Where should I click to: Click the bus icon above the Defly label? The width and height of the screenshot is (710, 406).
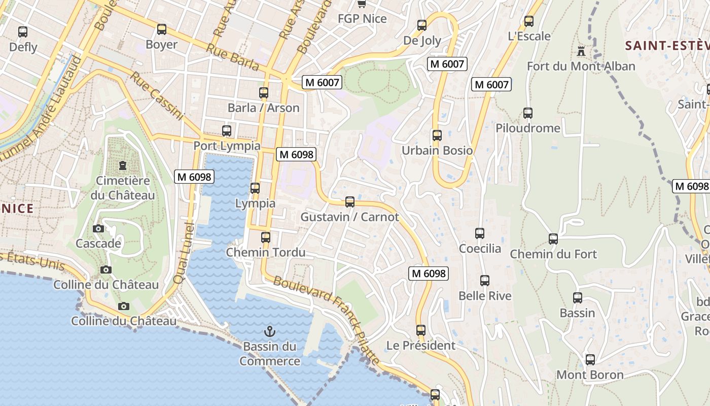(x=23, y=32)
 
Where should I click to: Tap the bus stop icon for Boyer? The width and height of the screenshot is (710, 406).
(x=162, y=29)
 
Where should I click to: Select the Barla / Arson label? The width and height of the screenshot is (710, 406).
(x=263, y=108)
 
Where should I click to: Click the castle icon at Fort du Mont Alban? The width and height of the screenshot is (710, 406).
(x=581, y=51)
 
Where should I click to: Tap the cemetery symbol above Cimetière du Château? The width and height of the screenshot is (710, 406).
(x=123, y=165)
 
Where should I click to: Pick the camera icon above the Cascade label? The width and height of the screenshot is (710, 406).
(x=98, y=229)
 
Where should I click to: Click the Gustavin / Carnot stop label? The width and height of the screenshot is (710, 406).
(x=349, y=217)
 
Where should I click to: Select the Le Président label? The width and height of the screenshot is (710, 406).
(x=421, y=346)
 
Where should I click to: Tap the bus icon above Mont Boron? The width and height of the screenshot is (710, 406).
(x=590, y=360)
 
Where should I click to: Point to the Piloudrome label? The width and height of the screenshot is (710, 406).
(x=528, y=128)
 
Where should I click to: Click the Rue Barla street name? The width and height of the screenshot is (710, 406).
(x=233, y=57)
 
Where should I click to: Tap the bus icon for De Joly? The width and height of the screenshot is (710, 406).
(x=422, y=25)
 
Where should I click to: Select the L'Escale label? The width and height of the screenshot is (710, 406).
(x=529, y=36)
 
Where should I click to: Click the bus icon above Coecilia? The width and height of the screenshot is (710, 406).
(x=480, y=233)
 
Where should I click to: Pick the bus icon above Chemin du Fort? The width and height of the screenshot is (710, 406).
(x=553, y=239)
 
